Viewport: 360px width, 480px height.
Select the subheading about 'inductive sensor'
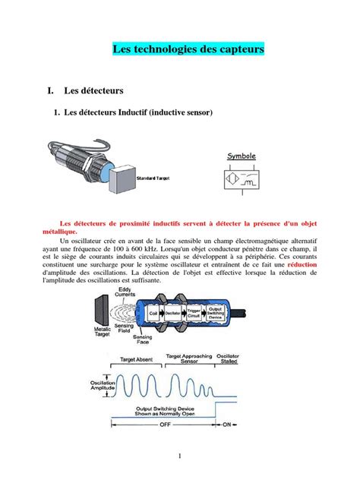[134, 112]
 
